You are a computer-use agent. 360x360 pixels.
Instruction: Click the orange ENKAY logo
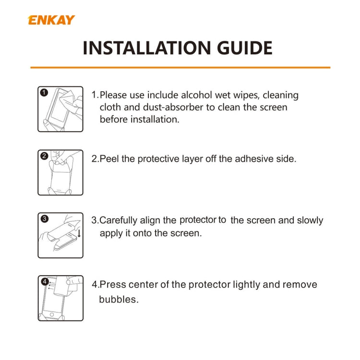click(51, 20)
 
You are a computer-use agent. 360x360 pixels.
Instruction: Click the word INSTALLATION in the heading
click(147, 48)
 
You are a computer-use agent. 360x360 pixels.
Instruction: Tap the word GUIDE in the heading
click(244, 48)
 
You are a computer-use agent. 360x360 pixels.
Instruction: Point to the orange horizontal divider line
click(180, 68)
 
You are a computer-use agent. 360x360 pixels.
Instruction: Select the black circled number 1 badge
click(44, 93)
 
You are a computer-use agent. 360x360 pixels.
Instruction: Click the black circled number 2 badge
click(44, 156)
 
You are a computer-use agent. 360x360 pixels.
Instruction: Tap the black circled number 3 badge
click(44, 218)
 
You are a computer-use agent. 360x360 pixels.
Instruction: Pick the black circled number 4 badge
click(45, 281)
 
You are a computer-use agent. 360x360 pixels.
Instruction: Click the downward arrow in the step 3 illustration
click(79, 233)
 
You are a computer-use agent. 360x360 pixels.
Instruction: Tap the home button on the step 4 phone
click(52, 314)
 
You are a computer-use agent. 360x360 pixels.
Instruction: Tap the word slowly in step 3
click(310, 220)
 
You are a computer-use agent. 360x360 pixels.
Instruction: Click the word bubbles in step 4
click(119, 300)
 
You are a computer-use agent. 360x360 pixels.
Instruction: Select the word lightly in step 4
click(247, 285)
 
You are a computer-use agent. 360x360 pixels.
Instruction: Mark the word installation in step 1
click(155, 120)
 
